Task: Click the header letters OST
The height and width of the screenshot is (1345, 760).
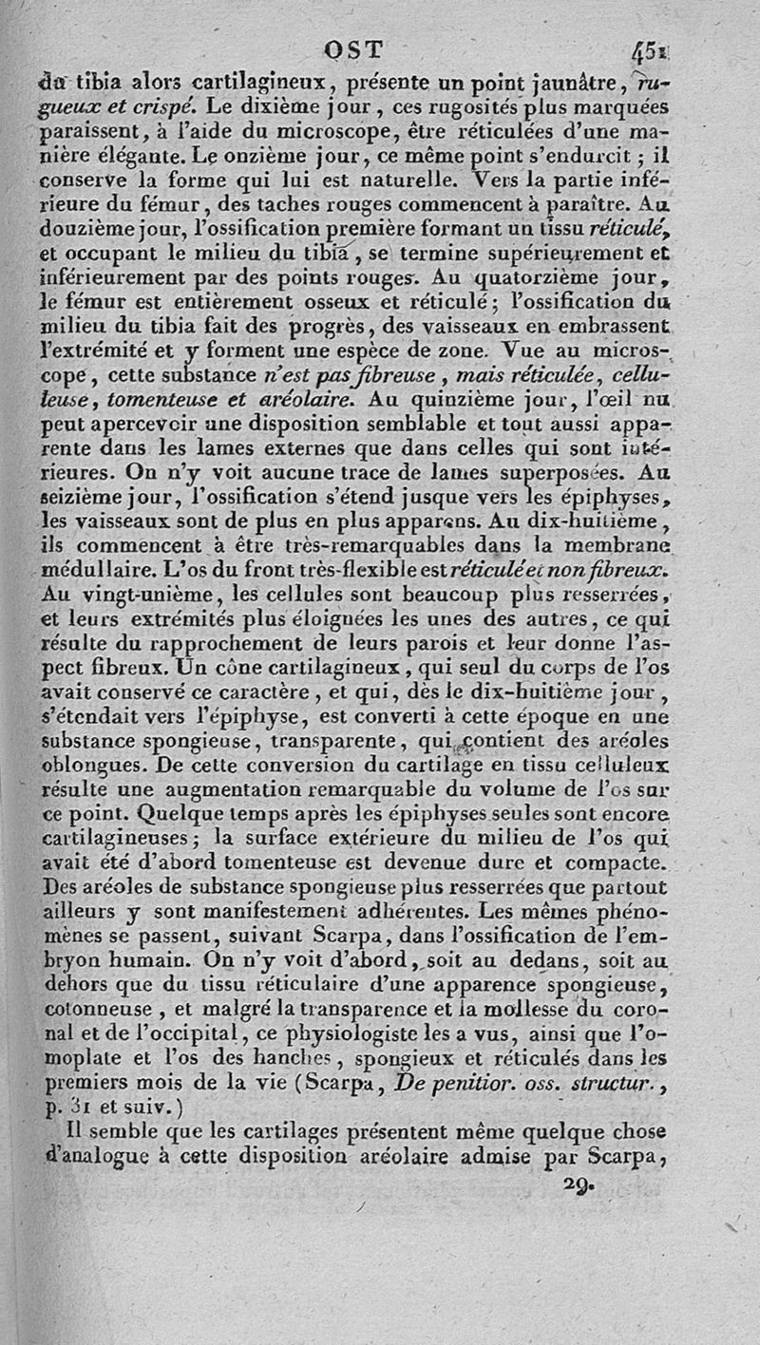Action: tap(355, 49)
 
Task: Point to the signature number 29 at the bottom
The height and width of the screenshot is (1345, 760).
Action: tap(577, 1184)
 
